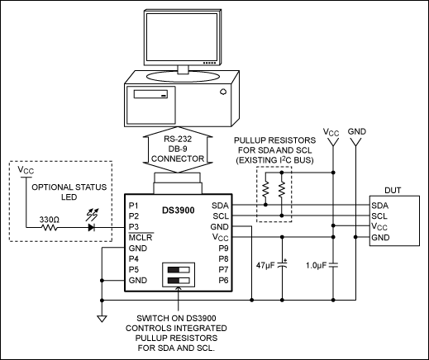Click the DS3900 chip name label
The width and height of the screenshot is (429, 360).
[178, 211]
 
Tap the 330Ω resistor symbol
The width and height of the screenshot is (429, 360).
[50, 228]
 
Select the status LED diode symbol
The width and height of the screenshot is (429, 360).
[92, 227]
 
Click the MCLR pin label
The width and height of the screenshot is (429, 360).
[141, 237]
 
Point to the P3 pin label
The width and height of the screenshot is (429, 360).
[134, 227]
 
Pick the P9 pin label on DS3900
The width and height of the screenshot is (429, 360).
[223, 249]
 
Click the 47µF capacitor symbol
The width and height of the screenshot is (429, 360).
[282, 265]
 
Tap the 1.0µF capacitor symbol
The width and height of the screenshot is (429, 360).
[333, 265]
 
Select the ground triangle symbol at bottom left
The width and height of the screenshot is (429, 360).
[102, 319]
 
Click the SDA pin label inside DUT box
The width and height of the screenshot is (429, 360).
[379, 206]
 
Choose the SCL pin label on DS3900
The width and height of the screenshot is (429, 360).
[221, 216]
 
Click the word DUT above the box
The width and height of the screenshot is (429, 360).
[393, 191]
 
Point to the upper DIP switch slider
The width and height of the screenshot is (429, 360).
[179, 270]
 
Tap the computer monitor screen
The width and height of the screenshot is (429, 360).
[182, 37]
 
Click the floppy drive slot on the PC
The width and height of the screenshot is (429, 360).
[150, 94]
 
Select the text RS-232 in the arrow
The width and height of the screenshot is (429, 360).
[178, 139]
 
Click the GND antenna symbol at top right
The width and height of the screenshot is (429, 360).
[355, 142]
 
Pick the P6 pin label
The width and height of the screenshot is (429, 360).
[223, 280]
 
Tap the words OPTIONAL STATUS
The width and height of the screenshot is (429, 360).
[69, 187]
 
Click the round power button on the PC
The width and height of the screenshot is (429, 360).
[223, 92]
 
